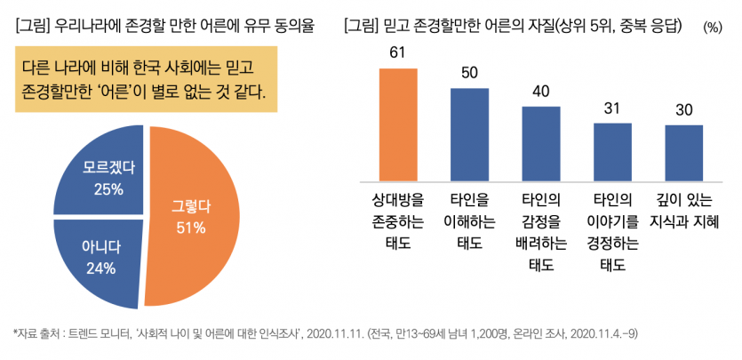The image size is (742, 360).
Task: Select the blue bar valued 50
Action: [x=469, y=133]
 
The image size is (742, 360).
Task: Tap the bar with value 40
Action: [x=540, y=142]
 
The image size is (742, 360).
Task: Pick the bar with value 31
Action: [x=612, y=151]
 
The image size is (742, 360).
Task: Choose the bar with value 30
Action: [x=683, y=152]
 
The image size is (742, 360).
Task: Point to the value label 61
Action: [x=397, y=52]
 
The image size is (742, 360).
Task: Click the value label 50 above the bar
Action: [x=469, y=72]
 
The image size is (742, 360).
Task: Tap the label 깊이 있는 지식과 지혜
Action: [x=683, y=209]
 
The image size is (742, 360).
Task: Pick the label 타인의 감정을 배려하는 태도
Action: [x=540, y=230]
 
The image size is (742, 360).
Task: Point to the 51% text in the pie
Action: [x=190, y=228]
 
